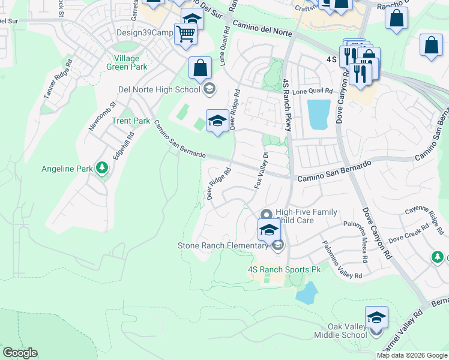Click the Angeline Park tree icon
(x=102, y=169)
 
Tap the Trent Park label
(x=131, y=121)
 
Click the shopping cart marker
(x=186, y=34)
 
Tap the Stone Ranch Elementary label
(x=222, y=245)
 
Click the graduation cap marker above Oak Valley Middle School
(x=376, y=317)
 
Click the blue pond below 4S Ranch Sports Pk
(x=306, y=293)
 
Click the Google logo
(x=20, y=353)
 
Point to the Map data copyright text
(x=412, y=355)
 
